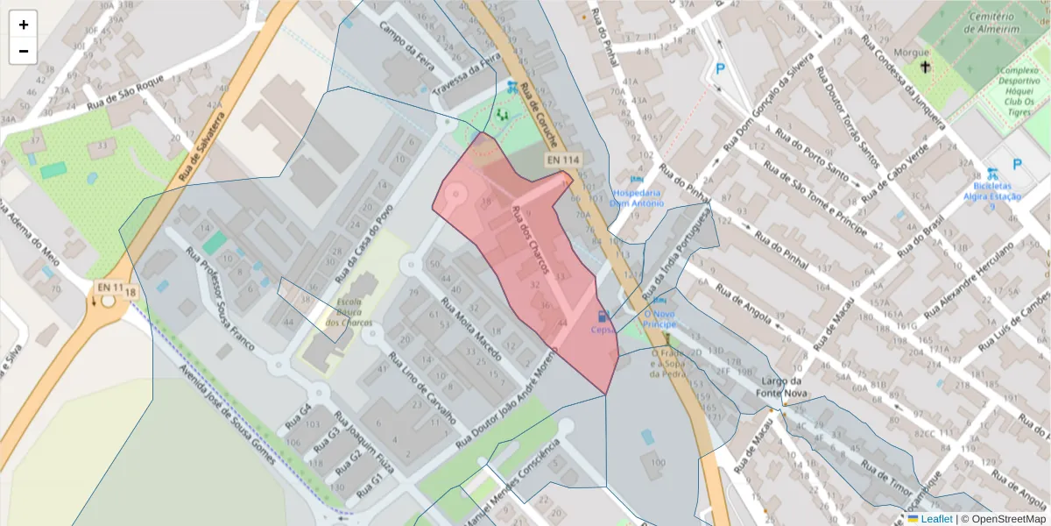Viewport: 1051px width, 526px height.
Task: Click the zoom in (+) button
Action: (x=24, y=25)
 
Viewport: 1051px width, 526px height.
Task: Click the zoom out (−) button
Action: (x=24, y=51)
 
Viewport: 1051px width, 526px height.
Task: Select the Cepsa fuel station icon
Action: (x=602, y=316)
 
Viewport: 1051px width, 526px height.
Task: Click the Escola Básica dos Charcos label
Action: (x=349, y=314)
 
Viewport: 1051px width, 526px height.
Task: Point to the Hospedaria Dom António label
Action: (x=637, y=197)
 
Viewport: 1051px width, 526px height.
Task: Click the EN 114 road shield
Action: (x=563, y=160)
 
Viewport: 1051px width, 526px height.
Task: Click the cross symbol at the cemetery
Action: (x=925, y=66)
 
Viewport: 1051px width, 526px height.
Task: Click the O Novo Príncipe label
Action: (x=659, y=318)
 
